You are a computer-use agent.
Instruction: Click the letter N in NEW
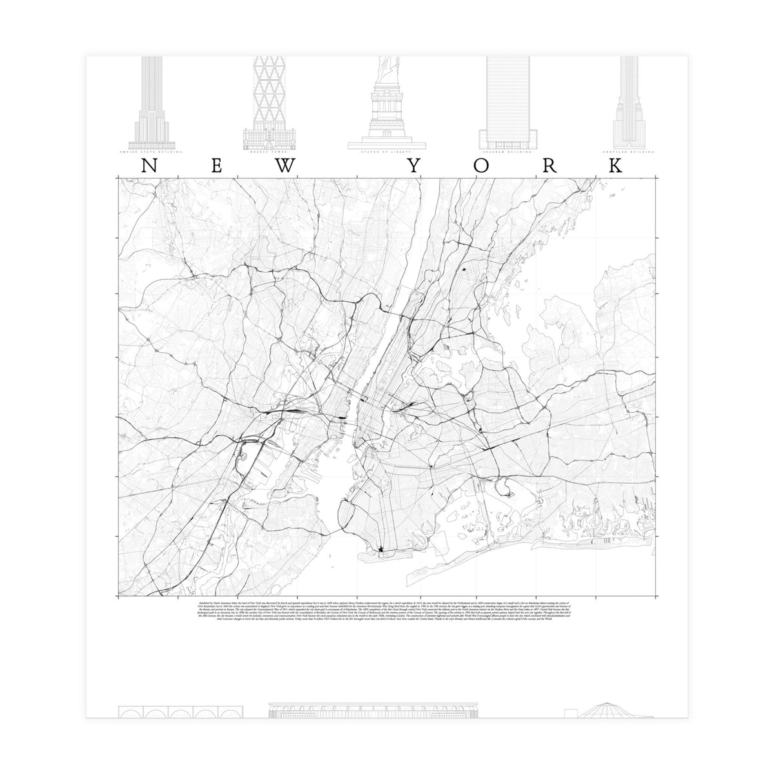coord(149,166)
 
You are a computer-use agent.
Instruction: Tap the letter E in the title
coord(217,166)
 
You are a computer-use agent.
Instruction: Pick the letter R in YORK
coord(550,166)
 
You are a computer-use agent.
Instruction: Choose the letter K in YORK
coord(616,166)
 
